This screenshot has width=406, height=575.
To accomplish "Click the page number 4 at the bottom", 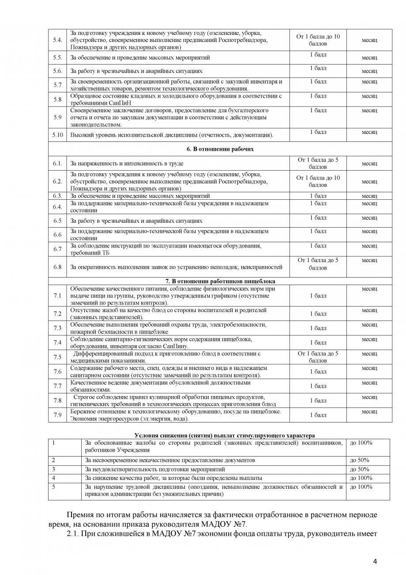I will click(375, 562).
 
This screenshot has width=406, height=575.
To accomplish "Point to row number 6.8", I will click(57, 267).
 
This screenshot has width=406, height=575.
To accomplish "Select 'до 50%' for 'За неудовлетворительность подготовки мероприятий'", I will click(359, 469).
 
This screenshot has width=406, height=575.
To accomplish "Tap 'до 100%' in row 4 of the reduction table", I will click(361, 478).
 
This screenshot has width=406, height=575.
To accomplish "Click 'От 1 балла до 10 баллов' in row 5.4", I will click(318, 40).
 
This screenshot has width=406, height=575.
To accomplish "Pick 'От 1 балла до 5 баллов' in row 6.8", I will click(318, 264).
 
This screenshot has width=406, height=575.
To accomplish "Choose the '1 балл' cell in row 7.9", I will click(318, 415).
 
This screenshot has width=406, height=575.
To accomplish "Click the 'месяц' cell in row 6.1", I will click(369, 164).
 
